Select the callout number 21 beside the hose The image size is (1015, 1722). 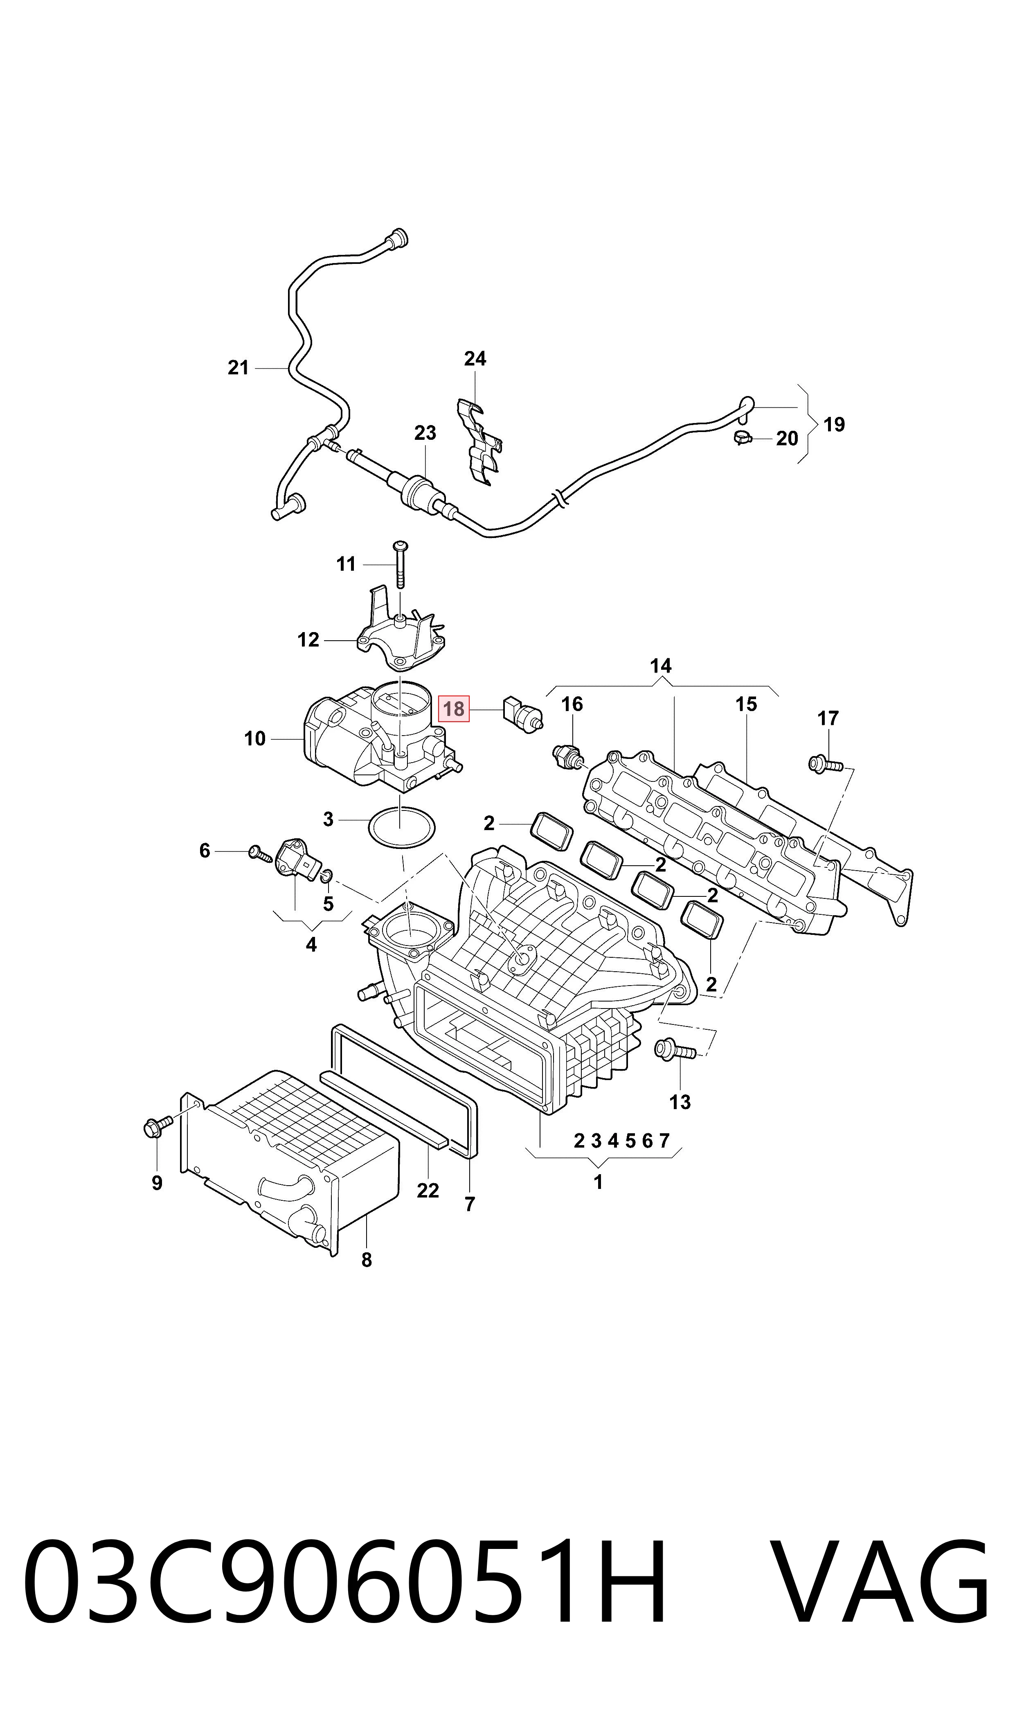pos(238,368)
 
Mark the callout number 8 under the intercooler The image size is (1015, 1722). pos(367,1260)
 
